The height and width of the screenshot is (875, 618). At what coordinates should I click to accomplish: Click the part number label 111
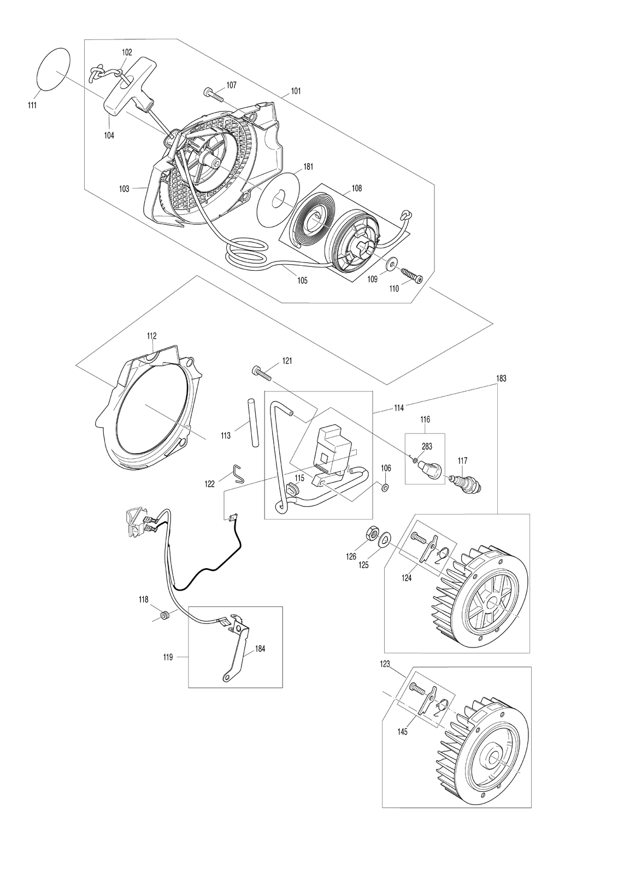pos(32,104)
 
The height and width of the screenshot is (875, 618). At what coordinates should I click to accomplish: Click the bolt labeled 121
pos(262,372)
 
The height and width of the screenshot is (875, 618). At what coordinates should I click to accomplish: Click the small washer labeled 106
pos(385,487)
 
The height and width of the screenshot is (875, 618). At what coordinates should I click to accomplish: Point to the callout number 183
pos(501,378)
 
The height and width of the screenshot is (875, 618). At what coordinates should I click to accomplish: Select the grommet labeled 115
pos(292,489)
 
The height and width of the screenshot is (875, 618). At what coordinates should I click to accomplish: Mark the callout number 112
pos(152,336)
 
